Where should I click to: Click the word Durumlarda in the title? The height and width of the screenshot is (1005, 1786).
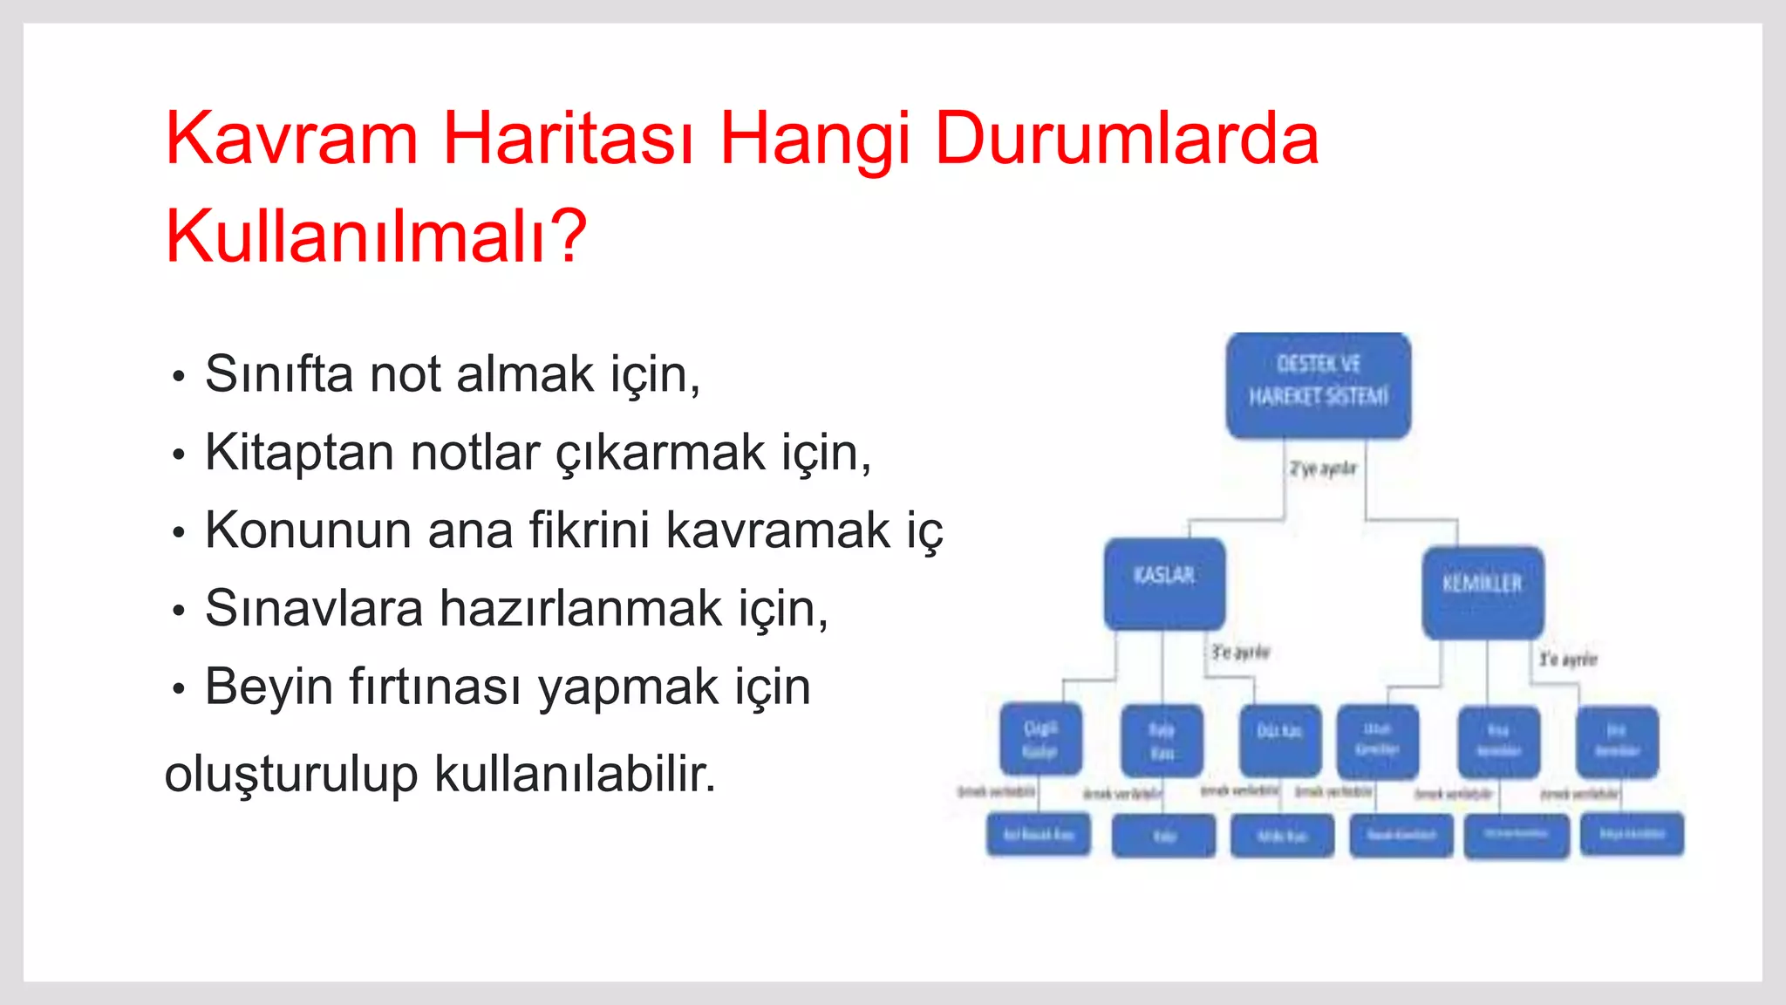1126,139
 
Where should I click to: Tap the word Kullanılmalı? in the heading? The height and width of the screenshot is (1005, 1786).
376,236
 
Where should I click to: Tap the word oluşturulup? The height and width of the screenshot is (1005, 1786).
290,774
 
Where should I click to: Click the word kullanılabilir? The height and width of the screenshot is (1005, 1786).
575,774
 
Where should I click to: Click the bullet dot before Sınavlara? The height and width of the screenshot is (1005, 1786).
179,611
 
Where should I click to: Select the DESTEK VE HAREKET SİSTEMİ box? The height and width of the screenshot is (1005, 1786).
1318,385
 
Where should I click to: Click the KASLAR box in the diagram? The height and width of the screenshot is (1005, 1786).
1164,583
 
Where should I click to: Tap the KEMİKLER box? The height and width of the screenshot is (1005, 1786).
1483,591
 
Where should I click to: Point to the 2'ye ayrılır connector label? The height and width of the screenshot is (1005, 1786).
1323,469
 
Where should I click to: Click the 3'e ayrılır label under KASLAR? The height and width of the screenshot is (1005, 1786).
1240,653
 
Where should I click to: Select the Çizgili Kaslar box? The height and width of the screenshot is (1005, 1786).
1040,739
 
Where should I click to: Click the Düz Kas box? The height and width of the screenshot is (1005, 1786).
1279,740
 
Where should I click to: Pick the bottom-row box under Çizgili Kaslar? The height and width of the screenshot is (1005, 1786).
1038,835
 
